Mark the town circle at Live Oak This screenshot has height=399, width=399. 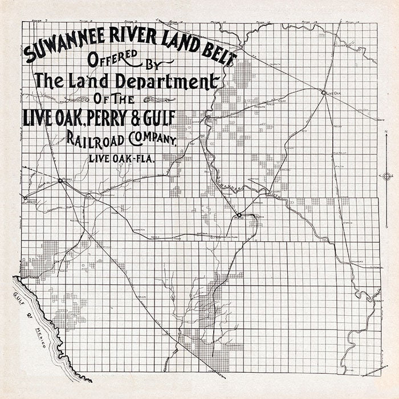[x=323, y=92]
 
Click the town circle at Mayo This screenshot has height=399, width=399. [x=239, y=215]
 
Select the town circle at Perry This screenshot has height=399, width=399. [x=60, y=181]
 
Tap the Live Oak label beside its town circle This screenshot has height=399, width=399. [x=333, y=92]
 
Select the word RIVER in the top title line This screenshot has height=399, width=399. [x=129, y=47]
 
